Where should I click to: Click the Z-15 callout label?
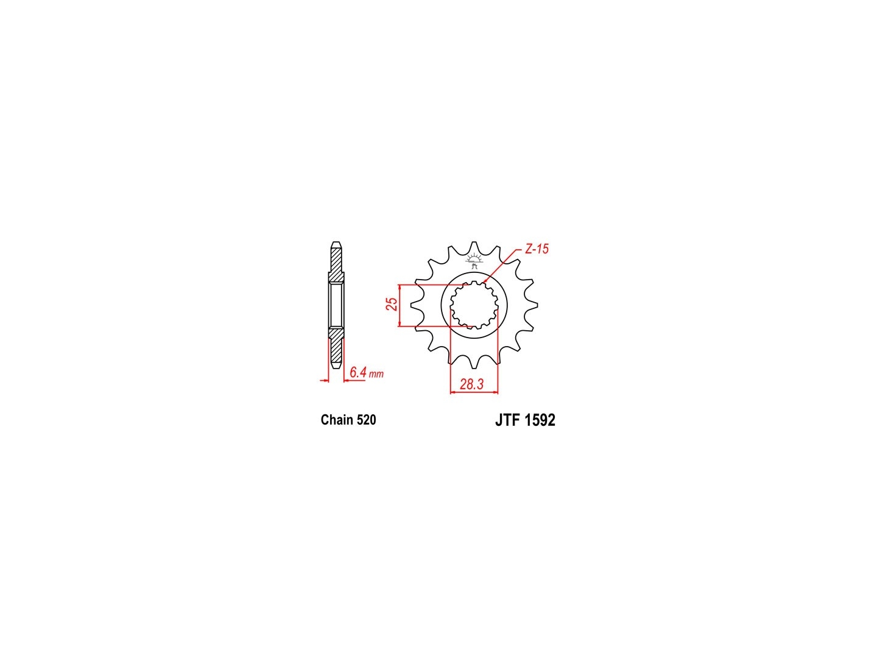click(536, 249)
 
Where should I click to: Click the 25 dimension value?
click(392, 304)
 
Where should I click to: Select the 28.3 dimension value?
click(471, 384)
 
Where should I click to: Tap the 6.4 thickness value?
click(358, 372)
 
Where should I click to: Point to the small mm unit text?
click(376, 375)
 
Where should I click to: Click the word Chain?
click(336, 420)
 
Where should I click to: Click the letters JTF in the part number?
click(508, 420)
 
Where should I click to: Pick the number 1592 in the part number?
click(540, 420)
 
